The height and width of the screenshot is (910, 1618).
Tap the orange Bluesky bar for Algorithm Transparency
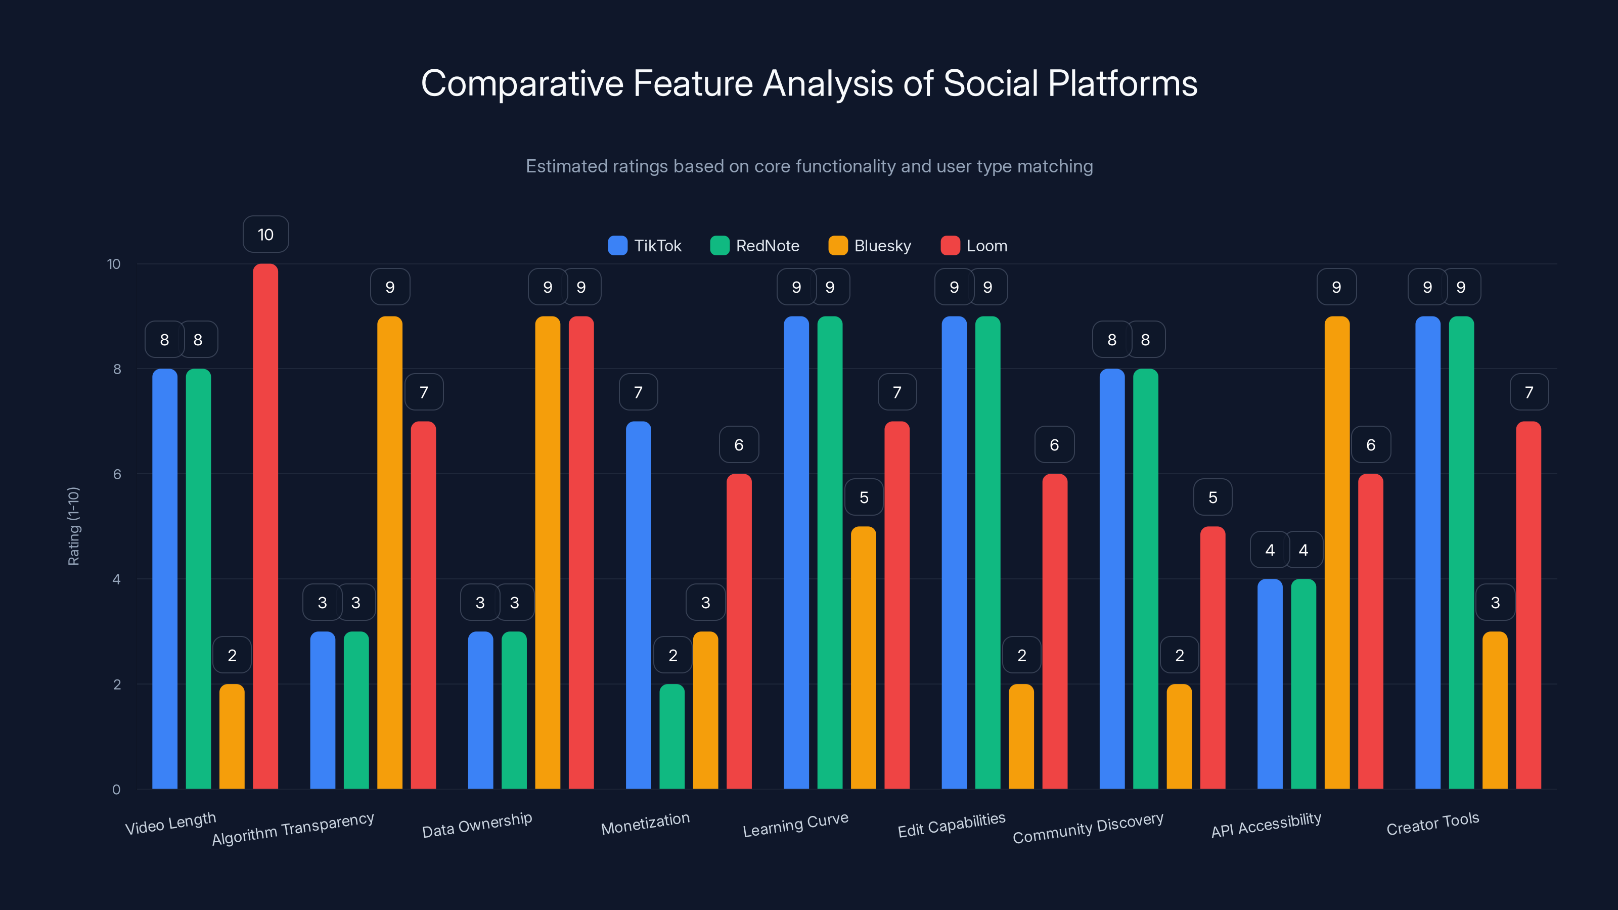(389, 553)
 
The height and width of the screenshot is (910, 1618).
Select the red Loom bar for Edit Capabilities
(1055, 631)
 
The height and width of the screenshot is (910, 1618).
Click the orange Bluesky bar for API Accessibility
(1336, 553)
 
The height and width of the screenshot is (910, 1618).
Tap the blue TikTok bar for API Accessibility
(1270, 684)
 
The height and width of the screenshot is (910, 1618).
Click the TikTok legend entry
(645, 246)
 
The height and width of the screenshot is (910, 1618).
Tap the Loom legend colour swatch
(951, 246)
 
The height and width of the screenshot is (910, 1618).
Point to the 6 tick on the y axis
(117, 474)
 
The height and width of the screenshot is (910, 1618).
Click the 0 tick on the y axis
(116, 789)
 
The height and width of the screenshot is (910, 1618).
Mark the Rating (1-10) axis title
(73, 526)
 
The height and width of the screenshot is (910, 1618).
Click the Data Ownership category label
(477, 825)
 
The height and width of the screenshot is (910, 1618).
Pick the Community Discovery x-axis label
(1088, 828)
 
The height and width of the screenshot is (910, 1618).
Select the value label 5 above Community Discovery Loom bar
(1212, 497)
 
